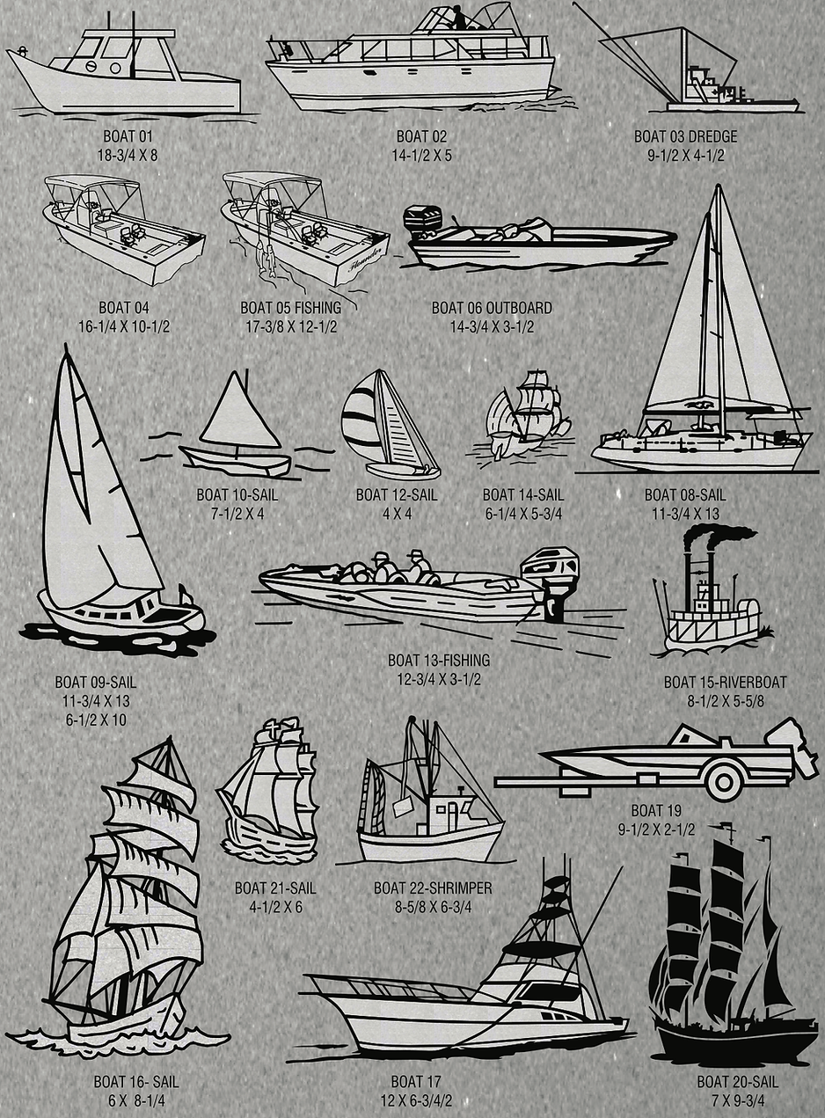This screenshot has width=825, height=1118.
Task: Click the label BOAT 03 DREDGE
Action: (x=685, y=136)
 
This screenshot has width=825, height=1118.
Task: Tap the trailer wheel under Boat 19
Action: (x=723, y=783)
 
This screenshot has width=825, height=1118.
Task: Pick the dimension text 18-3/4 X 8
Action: (x=128, y=155)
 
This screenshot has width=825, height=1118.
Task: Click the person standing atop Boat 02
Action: (x=458, y=18)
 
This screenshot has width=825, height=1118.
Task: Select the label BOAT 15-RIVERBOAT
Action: (x=725, y=682)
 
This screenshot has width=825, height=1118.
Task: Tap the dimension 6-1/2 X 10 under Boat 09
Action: (x=96, y=720)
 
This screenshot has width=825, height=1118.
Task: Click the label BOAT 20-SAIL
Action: (x=737, y=1081)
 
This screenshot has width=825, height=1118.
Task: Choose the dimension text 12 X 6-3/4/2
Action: (x=416, y=1100)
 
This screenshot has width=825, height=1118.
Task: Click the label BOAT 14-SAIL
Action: (x=523, y=494)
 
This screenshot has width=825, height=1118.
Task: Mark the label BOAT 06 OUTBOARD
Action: (x=492, y=308)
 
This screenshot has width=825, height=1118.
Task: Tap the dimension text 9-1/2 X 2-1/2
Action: (x=657, y=829)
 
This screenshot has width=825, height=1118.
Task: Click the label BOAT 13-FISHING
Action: (x=439, y=660)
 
